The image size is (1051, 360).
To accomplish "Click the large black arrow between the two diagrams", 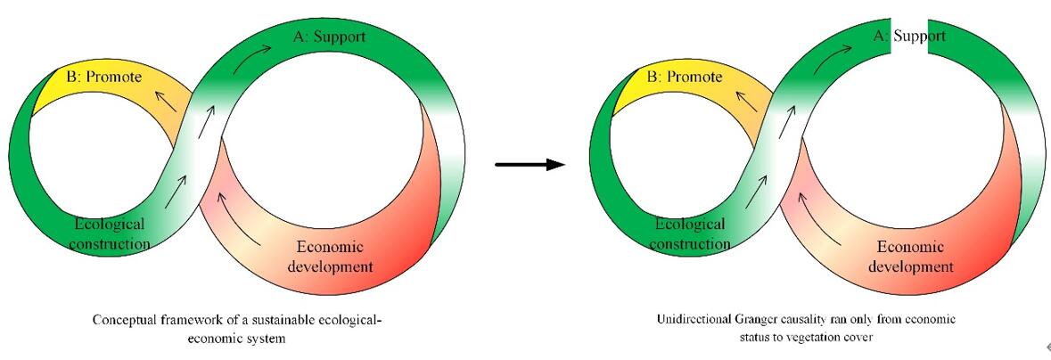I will [530, 164].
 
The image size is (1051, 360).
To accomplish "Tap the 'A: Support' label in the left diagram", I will [329, 37].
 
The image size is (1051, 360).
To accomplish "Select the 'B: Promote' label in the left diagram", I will [104, 77].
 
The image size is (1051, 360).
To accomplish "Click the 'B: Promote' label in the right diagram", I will [684, 77].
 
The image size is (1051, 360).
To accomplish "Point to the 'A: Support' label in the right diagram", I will [908, 37].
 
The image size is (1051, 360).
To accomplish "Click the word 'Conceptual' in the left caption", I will [124, 319].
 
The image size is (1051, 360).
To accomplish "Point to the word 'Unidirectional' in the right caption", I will [689, 319].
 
